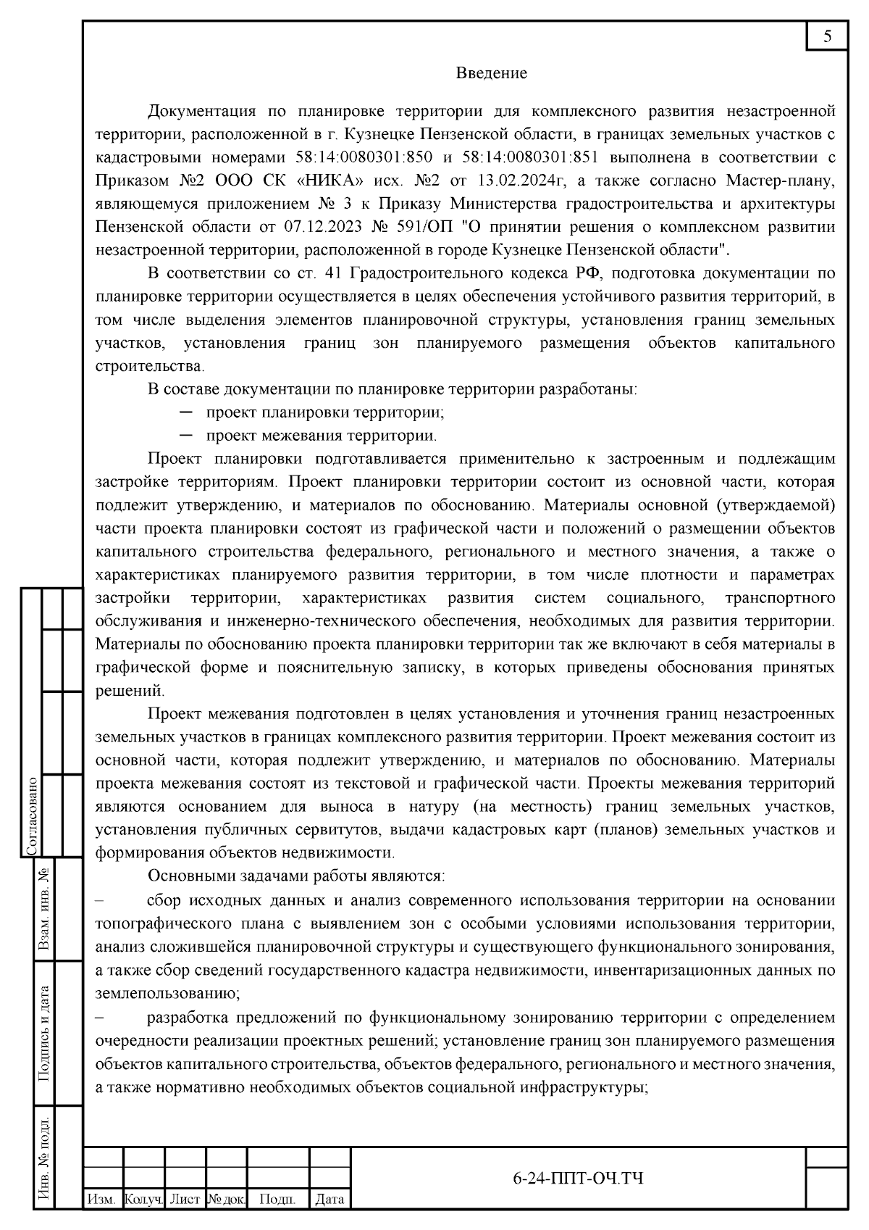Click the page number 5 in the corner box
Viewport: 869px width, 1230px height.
(x=827, y=37)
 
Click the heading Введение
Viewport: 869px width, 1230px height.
(x=491, y=73)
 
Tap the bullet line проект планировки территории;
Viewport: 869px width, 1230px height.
(x=324, y=412)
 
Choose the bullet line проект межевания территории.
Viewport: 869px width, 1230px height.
(x=321, y=436)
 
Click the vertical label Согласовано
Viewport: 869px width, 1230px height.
(x=32, y=818)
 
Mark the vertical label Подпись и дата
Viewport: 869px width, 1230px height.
(x=44, y=1034)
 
